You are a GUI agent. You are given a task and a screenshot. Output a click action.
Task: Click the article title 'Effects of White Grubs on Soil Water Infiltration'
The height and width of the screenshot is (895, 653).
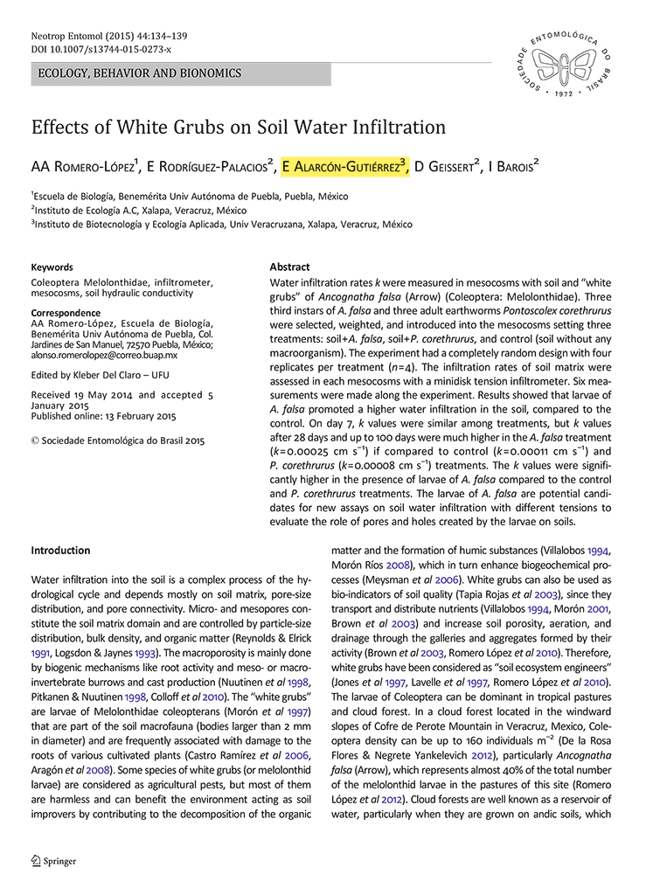coord(239,127)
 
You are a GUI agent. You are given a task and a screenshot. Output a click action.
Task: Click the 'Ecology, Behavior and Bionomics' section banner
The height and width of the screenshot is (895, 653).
coord(139,73)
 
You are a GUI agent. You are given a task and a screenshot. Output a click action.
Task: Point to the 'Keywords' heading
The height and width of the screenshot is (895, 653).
coord(52,267)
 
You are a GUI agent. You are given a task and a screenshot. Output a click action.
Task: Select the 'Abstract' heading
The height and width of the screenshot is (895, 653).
coord(289,267)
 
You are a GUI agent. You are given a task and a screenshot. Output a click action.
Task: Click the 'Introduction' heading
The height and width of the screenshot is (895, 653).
coord(60,551)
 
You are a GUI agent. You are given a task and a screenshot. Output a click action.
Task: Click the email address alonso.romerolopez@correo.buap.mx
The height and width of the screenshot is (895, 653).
coord(104,356)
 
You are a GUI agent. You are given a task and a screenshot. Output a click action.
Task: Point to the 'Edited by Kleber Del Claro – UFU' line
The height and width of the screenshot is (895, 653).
coord(94,376)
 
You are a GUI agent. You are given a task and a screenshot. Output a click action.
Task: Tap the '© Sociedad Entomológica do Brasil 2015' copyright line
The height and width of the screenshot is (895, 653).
coord(118,441)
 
